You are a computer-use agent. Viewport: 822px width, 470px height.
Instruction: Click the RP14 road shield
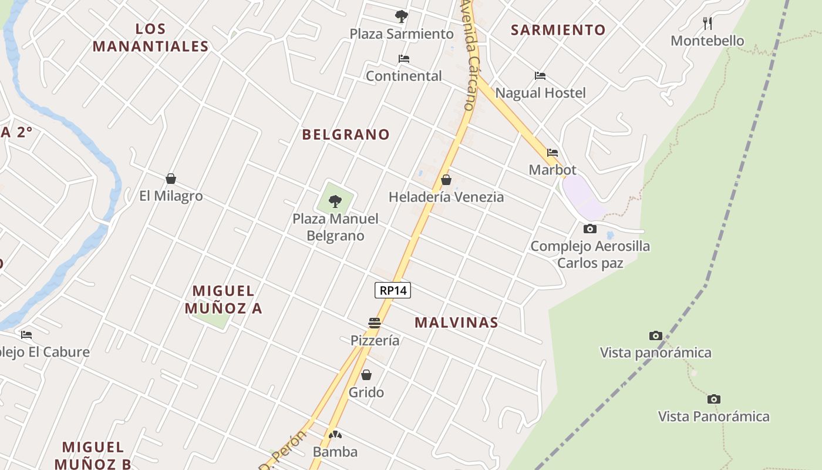click(393, 290)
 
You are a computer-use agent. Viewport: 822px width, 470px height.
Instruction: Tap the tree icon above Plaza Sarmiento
click(402, 16)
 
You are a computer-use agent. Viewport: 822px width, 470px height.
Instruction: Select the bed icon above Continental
click(404, 59)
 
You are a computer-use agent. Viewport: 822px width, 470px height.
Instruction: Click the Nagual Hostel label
click(541, 93)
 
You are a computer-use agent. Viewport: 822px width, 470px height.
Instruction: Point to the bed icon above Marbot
click(553, 153)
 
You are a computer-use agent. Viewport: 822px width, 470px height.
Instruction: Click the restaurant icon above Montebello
click(708, 23)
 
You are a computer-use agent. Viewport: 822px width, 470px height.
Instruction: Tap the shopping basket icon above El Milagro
click(171, 179)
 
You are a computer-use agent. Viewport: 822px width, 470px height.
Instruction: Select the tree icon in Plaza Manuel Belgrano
click(335, 202)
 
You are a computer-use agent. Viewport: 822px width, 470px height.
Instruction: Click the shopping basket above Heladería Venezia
click(446, 180)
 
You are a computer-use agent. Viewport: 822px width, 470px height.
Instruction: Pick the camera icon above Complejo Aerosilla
click(590, 229)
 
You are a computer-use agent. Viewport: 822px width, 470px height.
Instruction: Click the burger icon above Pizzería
click(375, 323)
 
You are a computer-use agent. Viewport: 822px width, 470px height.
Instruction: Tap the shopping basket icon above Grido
click(366, 375)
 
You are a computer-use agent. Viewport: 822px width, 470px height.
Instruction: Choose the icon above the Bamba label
click(335, 435)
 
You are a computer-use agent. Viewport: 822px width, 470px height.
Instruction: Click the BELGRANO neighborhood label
click(346, 135)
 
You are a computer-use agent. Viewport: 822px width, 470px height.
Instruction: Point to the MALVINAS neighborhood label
click(456, 323)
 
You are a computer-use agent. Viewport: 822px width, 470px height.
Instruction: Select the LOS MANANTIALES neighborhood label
click(151, 38)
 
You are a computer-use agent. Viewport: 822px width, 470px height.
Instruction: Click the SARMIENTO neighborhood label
click(558, 30)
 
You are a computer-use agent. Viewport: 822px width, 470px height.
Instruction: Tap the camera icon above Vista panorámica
click(655, 335)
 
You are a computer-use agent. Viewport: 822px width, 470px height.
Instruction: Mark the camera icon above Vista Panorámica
click(713, 399)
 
